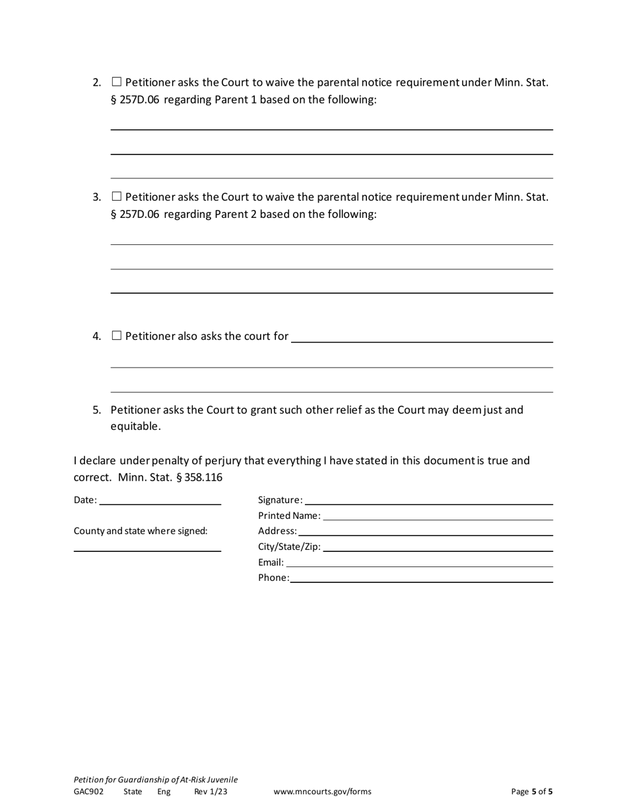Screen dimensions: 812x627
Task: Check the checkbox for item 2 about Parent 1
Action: point(117,83)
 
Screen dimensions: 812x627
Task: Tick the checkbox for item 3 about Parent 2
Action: point(117,197)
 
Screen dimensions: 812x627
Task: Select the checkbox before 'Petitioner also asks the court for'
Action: point(117,336)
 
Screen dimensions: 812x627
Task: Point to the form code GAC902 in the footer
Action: point(88,792)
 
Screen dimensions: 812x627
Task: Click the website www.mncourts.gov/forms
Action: point(322,792)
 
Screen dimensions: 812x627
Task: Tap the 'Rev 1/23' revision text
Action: point(211,792)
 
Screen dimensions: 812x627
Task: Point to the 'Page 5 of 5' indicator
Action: point(532,792)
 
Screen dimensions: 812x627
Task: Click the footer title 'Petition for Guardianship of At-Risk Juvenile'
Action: point(155,780)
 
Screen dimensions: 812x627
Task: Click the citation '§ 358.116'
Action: point(199,477)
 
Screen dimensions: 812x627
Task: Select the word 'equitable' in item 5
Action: point(135,426)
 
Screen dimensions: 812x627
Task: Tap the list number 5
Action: point(97,410)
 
